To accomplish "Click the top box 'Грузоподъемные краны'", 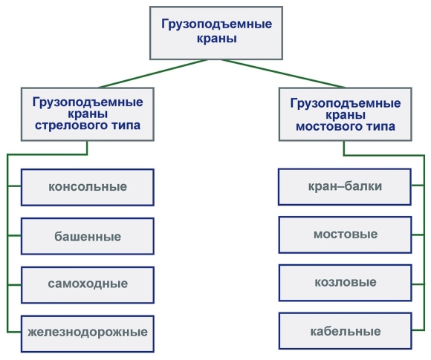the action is [216, 33].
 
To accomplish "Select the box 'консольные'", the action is [88, 187].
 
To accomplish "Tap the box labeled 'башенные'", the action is [88, 236].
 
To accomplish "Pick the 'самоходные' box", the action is [88, 285].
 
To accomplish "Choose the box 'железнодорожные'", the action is [88, 333].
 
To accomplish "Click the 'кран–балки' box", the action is [345, 187].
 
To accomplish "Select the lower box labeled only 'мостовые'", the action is [346, 235].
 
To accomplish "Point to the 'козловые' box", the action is [346, 283].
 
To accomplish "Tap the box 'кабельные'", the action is [346, 331].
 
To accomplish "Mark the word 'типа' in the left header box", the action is [126, 125].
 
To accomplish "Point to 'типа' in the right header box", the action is [380, 127].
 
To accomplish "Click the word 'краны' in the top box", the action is [216, 39].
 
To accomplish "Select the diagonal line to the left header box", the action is [153, 73].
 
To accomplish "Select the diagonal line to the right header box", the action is [283, 73].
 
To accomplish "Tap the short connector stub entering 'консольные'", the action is [14, 186].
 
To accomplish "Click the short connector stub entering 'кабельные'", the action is [418, 330].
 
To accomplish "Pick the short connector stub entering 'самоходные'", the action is [14, 285].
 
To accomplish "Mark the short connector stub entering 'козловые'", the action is [418, 284].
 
